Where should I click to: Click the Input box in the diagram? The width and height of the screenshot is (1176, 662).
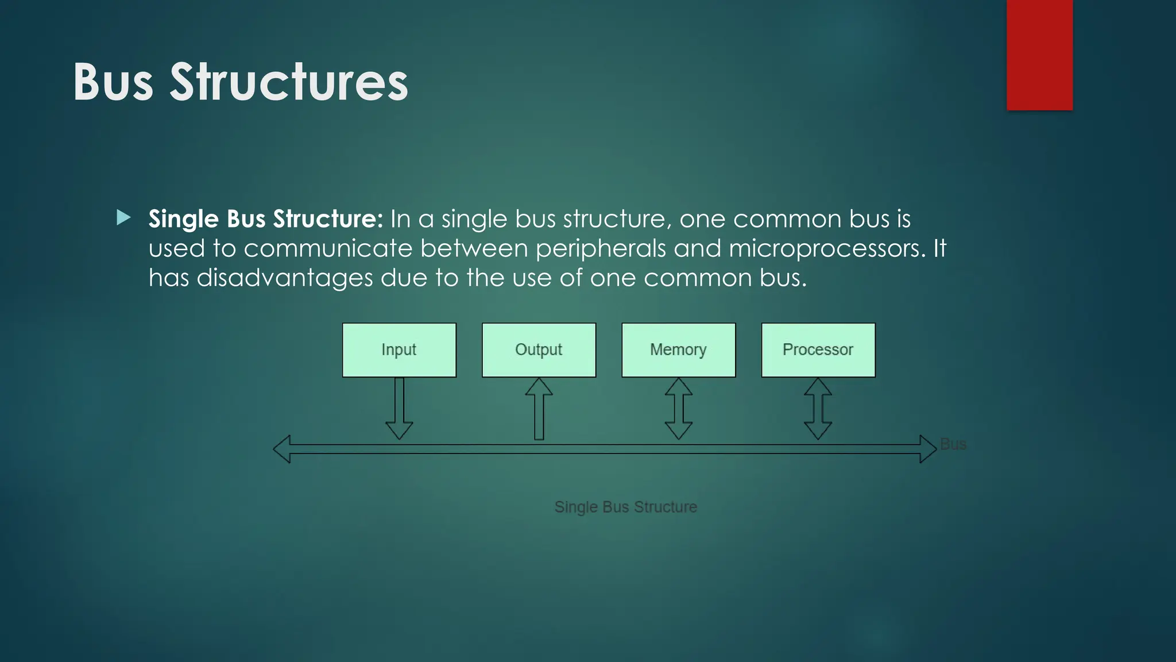point(399,350)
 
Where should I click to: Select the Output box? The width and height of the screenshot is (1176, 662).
point(539,350)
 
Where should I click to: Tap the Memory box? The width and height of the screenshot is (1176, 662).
point(678,350)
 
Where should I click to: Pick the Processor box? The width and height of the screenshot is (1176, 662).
point(818,350)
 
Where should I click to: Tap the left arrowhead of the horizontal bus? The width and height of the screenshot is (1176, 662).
point(283,449)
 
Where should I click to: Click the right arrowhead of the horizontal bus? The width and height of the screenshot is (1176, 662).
point(927,449)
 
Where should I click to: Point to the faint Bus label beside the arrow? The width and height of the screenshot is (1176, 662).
point(953,444)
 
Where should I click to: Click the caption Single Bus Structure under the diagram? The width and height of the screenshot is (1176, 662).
point(625,507)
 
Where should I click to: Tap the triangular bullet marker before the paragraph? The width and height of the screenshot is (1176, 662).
point(123,218)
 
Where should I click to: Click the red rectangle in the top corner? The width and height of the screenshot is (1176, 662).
point(1039,55)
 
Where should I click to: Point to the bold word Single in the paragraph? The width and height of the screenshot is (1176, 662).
point(183,219)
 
